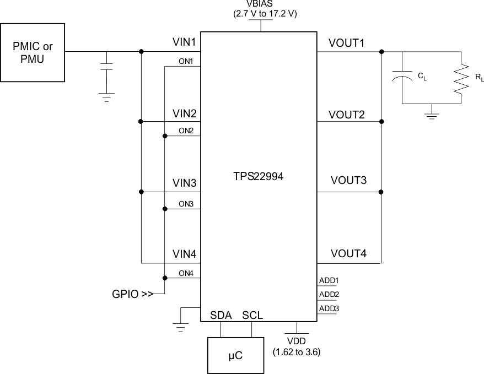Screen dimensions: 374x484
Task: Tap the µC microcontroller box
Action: point(236,356)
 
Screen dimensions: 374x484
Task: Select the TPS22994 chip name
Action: point(258,177)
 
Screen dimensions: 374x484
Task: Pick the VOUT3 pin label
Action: point(349,181)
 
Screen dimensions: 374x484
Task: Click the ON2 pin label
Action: point(185,131)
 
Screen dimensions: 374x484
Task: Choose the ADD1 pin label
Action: point(329,280)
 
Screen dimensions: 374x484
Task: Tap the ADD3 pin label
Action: point(329,308)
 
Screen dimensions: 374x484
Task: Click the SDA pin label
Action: point(221,315)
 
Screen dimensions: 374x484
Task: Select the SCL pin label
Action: point(252,315)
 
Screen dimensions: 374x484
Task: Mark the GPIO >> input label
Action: point(132,294)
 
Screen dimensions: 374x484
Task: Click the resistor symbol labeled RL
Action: point(459,78)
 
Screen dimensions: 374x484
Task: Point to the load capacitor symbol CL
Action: point(403,78)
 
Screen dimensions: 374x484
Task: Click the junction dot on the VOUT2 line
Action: point(381,121)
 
